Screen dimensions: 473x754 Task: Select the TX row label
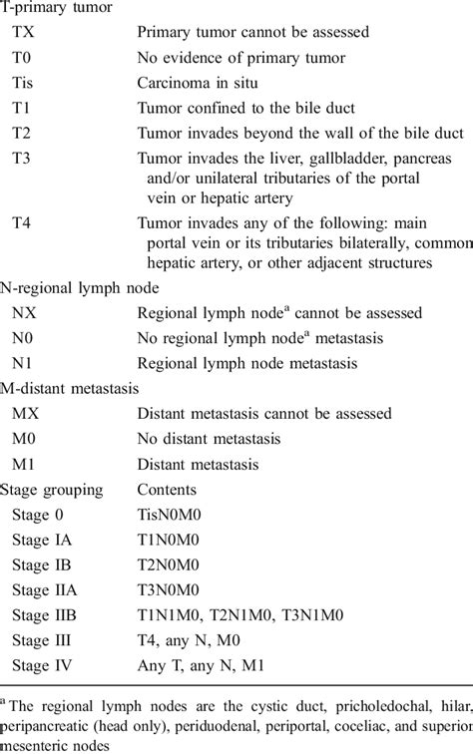pos(23,33)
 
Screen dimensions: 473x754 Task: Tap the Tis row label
pos(24,83)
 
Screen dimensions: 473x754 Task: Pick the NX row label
pos(24,314)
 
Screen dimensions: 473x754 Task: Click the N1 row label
pos(23,363)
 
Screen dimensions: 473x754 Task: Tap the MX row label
pos(25,414)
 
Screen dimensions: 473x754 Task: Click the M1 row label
pos(23,464)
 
